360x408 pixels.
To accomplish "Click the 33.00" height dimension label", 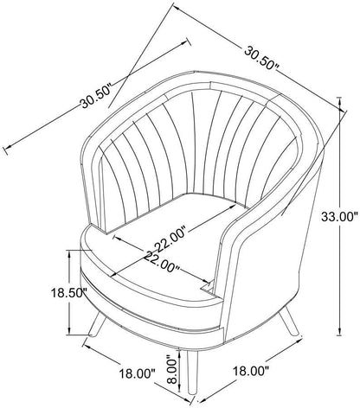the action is tap(339, 217).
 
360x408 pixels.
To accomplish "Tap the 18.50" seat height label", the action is tap(69, 293).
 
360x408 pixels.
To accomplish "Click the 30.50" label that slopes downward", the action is tap(262, 58).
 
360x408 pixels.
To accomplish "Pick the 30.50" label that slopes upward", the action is tap(96, 96).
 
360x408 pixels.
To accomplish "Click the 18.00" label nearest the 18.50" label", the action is tap(137, 374).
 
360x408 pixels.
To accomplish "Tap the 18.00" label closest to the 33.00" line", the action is tap(251, 371).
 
